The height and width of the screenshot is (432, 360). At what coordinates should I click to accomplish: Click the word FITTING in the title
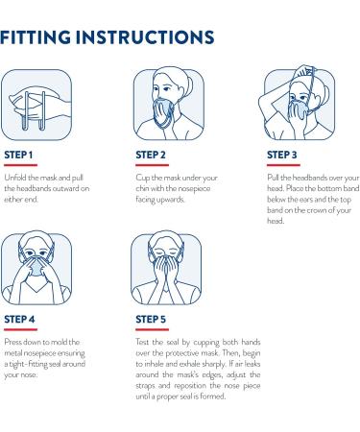point(49,37)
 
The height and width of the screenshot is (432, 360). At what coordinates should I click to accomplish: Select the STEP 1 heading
point(19,152)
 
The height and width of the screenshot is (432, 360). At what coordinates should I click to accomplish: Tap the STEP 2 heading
point(150,152)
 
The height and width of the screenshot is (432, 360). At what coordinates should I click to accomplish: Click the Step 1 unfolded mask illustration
point(36,101)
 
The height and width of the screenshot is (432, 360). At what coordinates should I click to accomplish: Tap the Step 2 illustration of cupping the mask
point(166,101)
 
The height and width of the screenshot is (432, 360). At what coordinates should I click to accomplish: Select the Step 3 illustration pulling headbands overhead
point(297,101)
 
